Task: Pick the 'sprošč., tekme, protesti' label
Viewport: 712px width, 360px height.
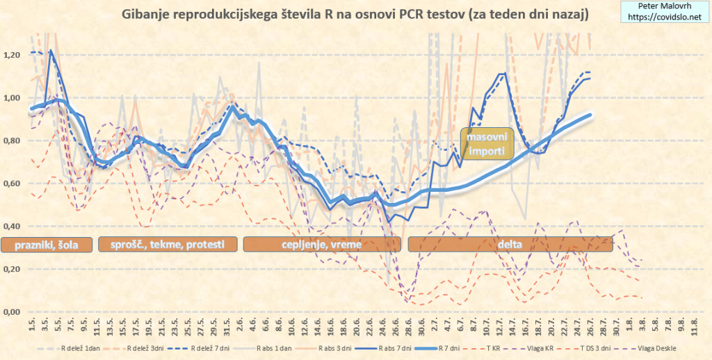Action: coord(168,245)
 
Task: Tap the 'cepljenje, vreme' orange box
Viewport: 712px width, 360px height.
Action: coord(321,245)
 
